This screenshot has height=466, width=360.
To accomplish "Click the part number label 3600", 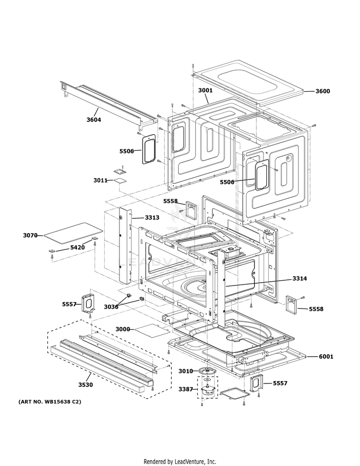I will click(x=323, y=91).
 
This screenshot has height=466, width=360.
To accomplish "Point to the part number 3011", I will click(x=100, y=180).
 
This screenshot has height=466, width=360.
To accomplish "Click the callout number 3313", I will click(x=152, y=217).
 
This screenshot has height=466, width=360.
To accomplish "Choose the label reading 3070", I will click(x=30, y=235).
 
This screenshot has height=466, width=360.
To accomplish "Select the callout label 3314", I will click(x=300, y=278).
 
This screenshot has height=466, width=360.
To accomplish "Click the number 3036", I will click(x=111, y=307).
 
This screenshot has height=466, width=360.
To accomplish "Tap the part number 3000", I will click(x=123, y=329).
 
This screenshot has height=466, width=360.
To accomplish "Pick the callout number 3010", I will click(x=185, y=371).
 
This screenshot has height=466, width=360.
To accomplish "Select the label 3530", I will click(x=86, y=384).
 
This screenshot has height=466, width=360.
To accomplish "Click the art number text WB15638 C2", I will click(x=50, y=401).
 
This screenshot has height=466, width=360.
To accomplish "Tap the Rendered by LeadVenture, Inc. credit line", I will click(x=180, y=461).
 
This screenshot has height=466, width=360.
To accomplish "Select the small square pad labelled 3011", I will click(x=119, y=180).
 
